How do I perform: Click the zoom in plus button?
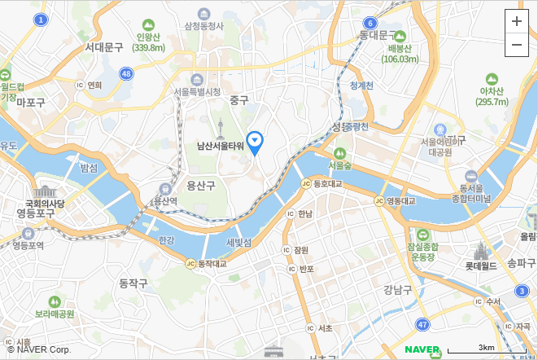click(x=517, y=22)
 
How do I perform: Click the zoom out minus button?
click(x=517, y=46)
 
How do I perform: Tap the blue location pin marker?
click(x=256, y=143)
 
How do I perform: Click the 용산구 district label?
click(x=200, y=186)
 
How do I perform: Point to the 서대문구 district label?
click(x=104, y=47)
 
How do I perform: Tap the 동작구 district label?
click(x=133, y=283)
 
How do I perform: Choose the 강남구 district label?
click(x=399, y=288)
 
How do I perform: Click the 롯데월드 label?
click(x=480, y=266)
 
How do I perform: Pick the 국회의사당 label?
click(x=45, y=203)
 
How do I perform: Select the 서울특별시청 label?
click(x=197, y=91)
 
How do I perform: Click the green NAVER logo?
click(x=422, y=350)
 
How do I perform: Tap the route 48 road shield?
click(x=125, y=73)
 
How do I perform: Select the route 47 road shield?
click(x=422, y=325)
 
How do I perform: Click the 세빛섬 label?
click(x=238, y=243)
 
